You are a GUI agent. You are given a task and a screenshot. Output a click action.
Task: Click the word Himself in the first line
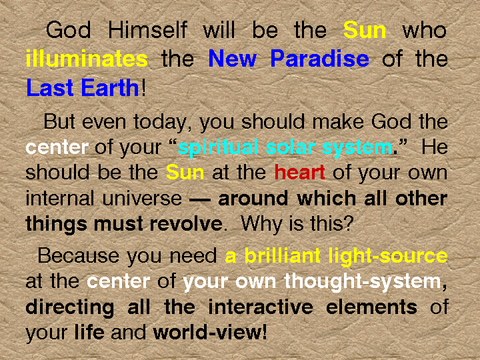point(147,30)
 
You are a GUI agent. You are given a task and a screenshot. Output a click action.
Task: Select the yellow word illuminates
point(87,59)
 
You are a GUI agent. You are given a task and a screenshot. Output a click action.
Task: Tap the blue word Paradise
point(319,58)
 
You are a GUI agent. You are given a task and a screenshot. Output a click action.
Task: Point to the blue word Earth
point(110,87)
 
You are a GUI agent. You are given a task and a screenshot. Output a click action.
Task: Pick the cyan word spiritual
point(218,148)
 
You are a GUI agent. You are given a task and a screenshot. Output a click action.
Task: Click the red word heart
point(299,172)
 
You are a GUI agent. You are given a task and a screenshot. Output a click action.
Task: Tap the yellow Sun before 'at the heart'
point(185,172)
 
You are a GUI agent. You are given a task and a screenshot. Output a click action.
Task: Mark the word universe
point(142,199)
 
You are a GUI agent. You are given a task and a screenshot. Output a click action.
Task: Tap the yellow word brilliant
point(282,255)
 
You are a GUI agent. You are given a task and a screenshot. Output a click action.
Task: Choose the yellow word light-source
point(388,256)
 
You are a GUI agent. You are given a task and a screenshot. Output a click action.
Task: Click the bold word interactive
point(261,307)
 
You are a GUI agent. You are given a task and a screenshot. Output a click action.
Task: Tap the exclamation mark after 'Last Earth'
point(143,87)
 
